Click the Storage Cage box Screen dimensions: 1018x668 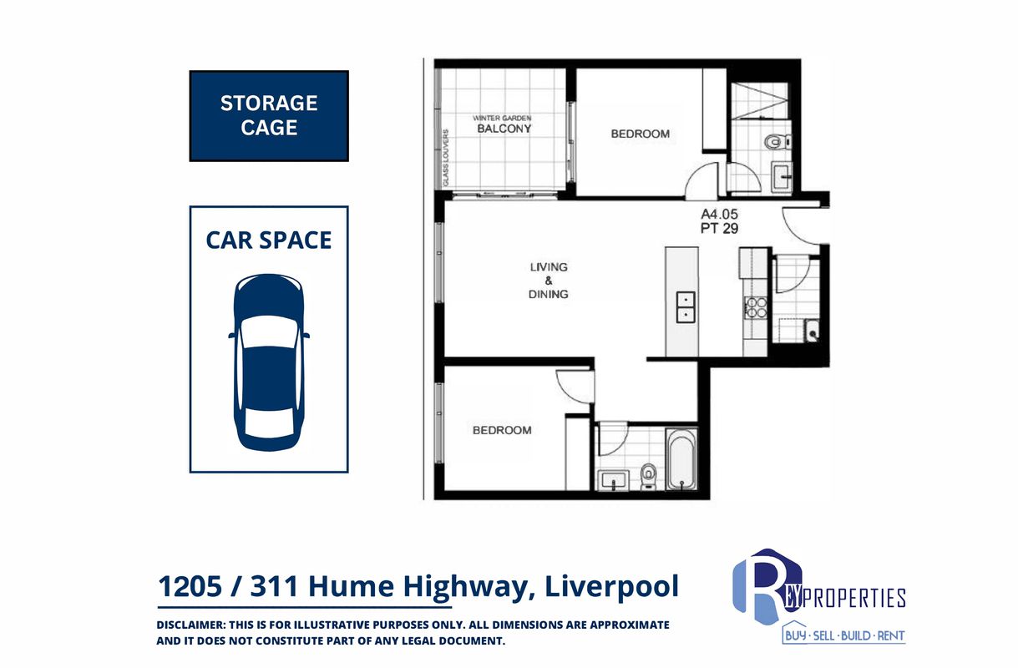click(x=269, y=116)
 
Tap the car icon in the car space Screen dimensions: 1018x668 click(x=269, y=362)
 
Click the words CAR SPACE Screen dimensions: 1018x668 click(x=269, y=240)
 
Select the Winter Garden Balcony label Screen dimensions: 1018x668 click(x=503, y=124)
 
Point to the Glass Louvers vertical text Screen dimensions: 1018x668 click(x=446, y=158)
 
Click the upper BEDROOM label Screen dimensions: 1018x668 click(x=641, y=134)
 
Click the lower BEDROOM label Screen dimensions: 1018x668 click(x=502, y=430)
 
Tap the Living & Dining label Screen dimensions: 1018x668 click(x=549, y=281)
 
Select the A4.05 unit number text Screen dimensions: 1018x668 click(x=719, y=214)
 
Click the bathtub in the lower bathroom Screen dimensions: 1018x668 click(x=681, y=458)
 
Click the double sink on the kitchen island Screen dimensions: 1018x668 click(x=686, y=307)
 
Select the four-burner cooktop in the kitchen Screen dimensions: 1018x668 click(x=756, y=306)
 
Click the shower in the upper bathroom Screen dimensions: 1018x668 click(x=759, y=101)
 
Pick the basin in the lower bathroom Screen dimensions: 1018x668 click(x=614, y=480)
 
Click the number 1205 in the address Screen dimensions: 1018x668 click(x=190, y=586)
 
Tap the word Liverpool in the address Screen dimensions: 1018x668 click(x=611, y=587)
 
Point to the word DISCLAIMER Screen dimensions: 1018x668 click(x=190, y=625)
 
